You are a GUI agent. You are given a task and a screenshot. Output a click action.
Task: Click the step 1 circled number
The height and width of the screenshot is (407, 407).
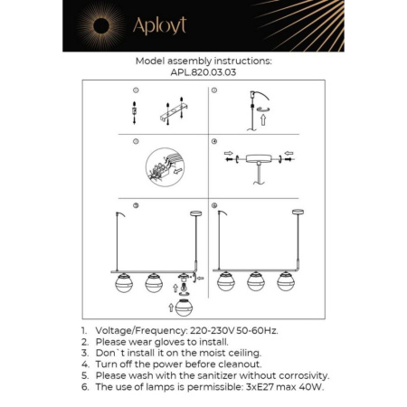tap(134, 91)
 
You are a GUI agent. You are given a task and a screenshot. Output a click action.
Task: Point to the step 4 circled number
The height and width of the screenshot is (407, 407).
tap(214, 142)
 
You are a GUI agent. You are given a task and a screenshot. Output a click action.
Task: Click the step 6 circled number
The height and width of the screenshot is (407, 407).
tap(214, 205)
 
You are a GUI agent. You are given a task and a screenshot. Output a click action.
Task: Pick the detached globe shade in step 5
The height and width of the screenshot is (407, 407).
tap(185, 307)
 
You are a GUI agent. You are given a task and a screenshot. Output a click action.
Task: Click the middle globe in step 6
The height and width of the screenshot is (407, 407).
tap(256, 281)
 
